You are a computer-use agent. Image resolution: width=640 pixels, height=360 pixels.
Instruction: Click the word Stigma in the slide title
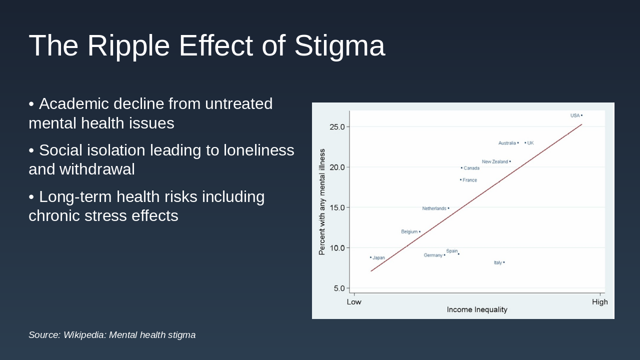tap(339, 46)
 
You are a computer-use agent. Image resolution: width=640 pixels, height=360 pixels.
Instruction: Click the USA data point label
tap(575, 115)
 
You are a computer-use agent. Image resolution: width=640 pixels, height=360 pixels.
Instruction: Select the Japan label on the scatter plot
tap(378, 258)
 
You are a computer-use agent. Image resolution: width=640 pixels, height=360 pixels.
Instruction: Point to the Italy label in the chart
tap(498, 263)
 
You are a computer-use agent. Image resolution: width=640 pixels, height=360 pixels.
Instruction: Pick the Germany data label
tap(433, 255)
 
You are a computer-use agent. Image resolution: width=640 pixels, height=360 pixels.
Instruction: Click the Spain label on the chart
tap(452, 251)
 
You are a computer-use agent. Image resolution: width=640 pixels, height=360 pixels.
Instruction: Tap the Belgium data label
tap(409, 232)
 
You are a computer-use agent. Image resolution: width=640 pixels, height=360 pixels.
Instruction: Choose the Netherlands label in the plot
tap(434, 208)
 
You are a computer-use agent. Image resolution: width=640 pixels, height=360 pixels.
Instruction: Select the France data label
tap(469, 180)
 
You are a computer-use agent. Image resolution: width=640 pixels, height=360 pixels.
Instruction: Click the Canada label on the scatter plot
tap(471, 168)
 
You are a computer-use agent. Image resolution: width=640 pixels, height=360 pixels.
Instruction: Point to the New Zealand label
tap(495, 162)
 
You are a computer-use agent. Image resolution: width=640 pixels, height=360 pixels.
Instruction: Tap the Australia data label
tap(507, 143)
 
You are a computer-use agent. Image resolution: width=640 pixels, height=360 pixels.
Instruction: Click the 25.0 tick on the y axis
tap(337, 127)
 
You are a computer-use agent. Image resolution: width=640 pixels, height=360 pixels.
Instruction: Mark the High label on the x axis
tap(600, 302)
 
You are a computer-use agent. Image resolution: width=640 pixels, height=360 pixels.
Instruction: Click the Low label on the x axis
tap(354, 302)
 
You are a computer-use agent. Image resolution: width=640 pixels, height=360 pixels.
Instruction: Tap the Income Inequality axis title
tap(477, 310)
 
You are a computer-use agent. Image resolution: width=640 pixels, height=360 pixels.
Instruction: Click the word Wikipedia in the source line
tap(84, 335)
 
